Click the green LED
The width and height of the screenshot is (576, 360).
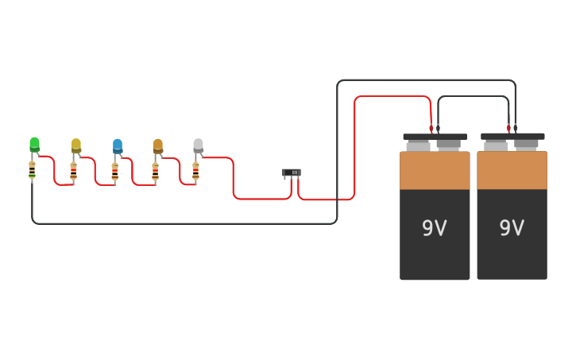34,145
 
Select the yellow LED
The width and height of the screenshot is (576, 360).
76,145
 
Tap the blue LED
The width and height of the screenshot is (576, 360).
118,145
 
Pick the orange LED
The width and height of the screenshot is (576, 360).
158,145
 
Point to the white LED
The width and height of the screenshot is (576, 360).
198,145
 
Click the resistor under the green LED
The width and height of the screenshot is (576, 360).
32,171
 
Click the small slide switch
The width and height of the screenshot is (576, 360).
292,172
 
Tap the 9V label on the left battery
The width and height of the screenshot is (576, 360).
434,229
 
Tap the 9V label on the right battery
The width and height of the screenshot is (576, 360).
512,229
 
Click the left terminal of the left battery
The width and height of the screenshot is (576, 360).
418,145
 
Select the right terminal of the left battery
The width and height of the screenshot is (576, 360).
449,145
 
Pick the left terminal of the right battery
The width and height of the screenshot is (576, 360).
496,145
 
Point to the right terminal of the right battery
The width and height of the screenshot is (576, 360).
526,145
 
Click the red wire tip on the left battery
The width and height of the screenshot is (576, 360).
431,128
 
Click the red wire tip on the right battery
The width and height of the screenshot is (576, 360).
508,128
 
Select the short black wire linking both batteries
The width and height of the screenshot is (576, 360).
474,96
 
